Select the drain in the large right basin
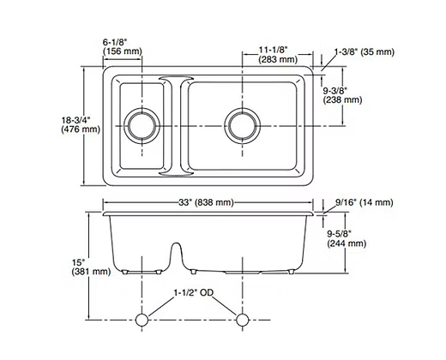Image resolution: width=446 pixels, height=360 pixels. tap(243, 124)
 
